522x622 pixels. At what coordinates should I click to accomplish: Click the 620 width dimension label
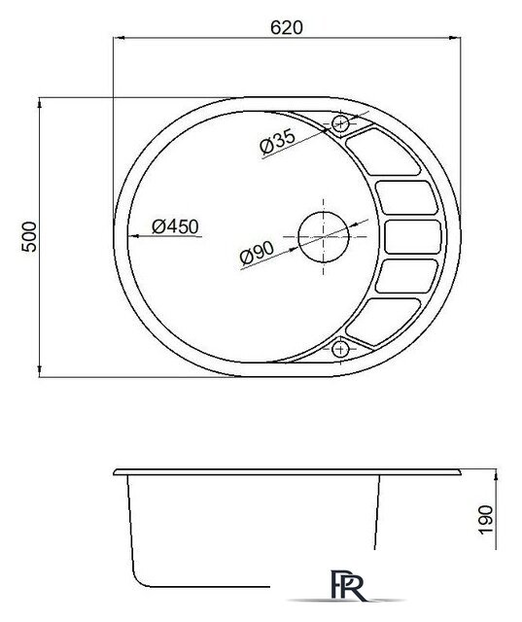coord(287,27)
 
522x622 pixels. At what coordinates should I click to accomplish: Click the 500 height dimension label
coord(29,236)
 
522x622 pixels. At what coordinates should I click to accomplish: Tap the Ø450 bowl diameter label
coord(175,226)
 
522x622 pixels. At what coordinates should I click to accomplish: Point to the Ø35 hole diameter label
coord(277,141)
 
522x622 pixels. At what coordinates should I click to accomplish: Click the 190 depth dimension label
coord(486,519)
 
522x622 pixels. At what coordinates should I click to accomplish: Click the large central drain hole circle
coord(324,237)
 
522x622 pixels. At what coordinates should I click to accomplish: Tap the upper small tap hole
coord(340,123)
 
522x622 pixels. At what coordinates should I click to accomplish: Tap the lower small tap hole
coord(340,349)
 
